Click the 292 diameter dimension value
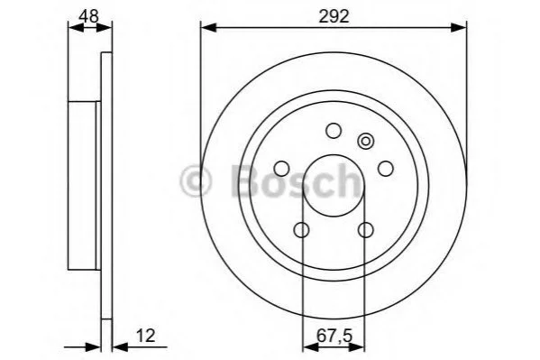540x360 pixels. [334, 16]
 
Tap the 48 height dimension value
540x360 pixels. [89, 16]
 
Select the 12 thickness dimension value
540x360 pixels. [146, 336]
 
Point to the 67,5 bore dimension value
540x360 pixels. [334, 337]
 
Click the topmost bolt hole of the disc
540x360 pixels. [334, 131]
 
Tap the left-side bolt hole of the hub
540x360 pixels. [281, 169]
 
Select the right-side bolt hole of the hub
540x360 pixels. [385, 169]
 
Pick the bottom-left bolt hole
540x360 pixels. [302, 230]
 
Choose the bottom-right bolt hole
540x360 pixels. [365, 230]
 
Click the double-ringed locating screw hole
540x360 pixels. [365, 141]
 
